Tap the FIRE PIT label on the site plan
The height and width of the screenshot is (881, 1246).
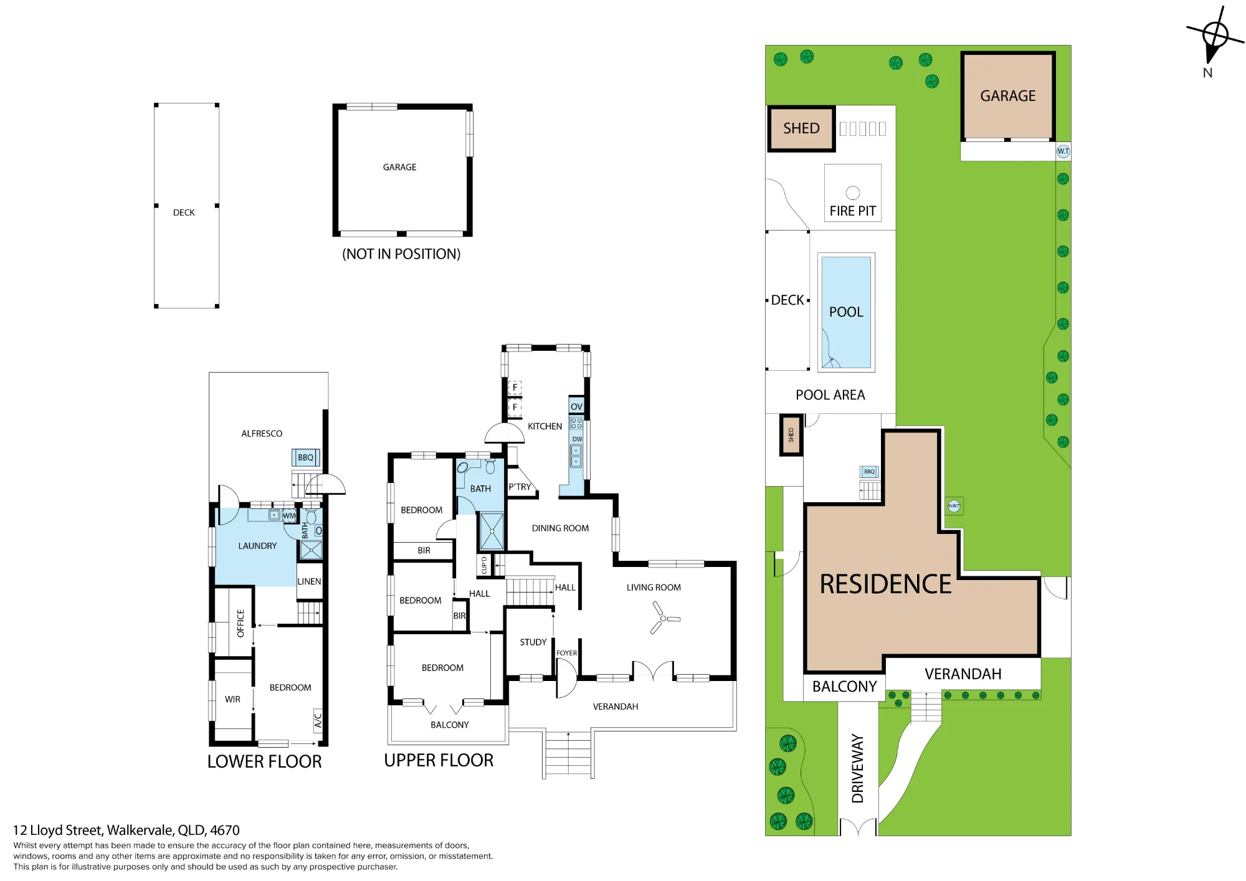pos(852,211)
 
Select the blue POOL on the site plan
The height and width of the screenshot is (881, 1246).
pos(846,312)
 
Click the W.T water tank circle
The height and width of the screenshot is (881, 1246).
pos(1063,151)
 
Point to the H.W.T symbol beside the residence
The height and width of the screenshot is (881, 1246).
pos(954,506)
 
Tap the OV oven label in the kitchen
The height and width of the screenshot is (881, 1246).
pos(576,407)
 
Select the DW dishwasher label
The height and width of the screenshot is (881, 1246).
pos(578,439)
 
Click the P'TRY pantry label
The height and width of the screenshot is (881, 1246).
pos(520,487)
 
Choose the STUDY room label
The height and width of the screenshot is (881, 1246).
pos(533,642)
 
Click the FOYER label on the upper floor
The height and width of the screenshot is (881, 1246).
pos(566,653)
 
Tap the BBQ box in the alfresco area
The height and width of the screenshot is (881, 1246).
pos(306,458)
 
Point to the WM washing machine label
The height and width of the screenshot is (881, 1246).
pos(290,516)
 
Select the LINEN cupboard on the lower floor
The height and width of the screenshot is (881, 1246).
pos(309,581)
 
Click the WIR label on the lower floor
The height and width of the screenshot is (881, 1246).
pos(232,700)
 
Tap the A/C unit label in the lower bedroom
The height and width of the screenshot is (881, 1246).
pos(318,720)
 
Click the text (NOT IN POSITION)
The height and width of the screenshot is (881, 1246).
pos(401,254)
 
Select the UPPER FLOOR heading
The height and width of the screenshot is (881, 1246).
pos(439,760)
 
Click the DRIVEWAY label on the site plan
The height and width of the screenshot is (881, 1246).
pos(858,769)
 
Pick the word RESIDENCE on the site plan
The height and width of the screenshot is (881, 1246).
pos(885,584)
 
